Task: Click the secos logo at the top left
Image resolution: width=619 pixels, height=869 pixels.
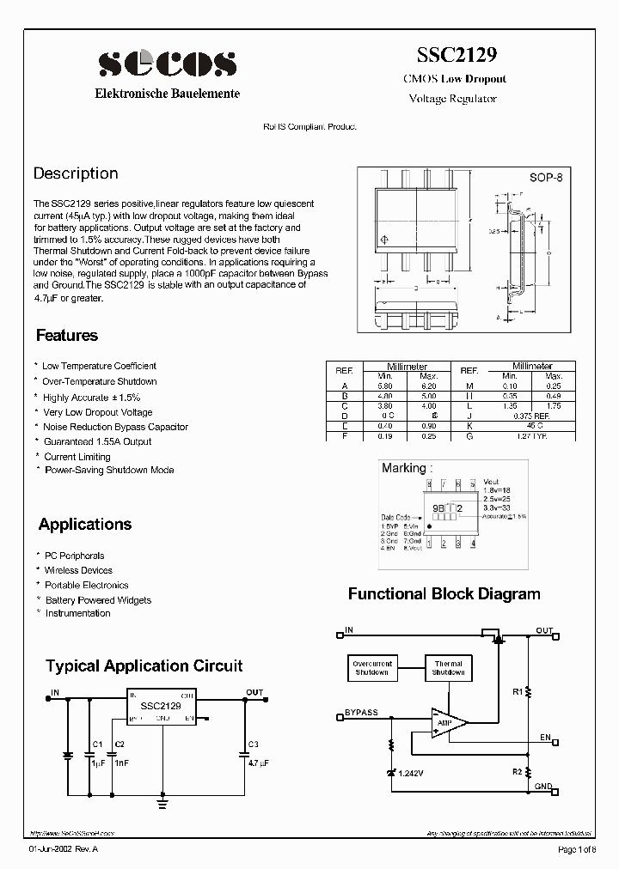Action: [x=167, y=64]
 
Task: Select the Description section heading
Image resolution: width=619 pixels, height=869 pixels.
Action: [x=76, y=173]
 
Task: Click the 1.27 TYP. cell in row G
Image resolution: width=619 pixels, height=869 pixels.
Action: [x=532, y=436]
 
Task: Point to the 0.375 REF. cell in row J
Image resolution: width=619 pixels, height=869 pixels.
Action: [x=532, y=416]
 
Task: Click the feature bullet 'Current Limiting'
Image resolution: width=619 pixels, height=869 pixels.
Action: [x=77, y=457]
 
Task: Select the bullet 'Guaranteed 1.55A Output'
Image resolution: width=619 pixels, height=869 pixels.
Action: [x=97, y=441]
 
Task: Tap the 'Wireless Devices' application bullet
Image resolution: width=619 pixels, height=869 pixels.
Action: [x=78, y=570]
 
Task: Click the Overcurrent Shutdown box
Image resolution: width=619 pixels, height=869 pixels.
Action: [x=372, y=668]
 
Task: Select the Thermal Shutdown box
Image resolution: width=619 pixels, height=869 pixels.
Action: [x=448, y=668]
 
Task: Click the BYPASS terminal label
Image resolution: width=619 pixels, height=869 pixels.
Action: [x=361, y=713]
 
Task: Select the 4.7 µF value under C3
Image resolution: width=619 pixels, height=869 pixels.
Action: [x=258, y=762]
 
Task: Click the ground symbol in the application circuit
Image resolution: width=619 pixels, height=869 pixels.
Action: [x=162, y=804]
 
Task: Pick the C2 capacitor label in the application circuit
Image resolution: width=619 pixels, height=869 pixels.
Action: [x=120, y=744]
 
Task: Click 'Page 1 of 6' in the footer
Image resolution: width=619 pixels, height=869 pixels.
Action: [x=576, y=849]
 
